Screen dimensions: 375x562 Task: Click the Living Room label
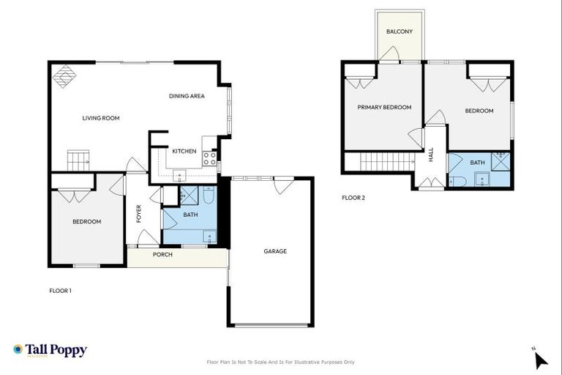click(100, 118)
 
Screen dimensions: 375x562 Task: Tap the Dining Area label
click(187, 96)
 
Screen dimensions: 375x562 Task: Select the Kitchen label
click(184, 151)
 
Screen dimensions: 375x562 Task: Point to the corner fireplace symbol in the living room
click(66, 75)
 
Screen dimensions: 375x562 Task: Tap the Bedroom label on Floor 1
click(86, 221)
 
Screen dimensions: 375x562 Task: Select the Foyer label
click(138, 213)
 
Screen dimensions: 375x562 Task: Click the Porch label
click(162, 255)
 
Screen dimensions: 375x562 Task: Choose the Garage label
click(275, 251)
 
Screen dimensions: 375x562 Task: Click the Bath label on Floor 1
click(190, 215)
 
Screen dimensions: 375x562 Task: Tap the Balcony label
click(400, 31)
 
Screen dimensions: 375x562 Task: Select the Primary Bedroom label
click(384, 107)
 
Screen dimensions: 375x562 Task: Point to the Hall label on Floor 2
click(431, 155)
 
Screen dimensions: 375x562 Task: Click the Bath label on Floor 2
click(477, 163)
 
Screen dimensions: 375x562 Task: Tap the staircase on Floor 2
click(381, 161)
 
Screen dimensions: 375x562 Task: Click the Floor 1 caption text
click(60, 291)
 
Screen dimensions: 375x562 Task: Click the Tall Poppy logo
click(50, 350)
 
